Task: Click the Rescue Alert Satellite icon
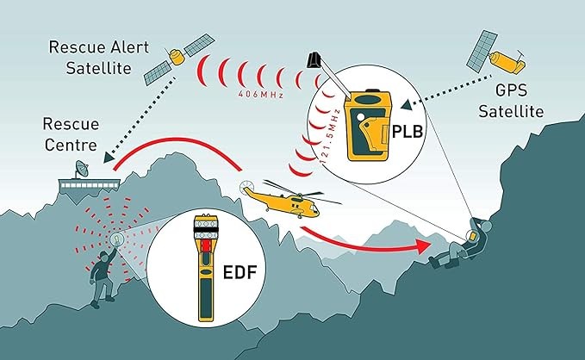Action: (x=178, y=59)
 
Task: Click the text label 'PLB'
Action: (x=408, y=132)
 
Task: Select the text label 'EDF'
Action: (x=240, y=272)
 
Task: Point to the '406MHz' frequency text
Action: (x=261, y=95)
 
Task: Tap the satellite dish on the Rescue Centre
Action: (x=82, y=170)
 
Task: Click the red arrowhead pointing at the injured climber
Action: (x=424, y=246)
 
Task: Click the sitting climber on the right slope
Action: (x=461, y=243)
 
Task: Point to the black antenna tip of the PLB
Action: (x=315, y=60)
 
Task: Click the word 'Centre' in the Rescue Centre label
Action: (x=71, y=145)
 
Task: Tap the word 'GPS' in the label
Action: (x=512, y=90)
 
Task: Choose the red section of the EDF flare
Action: (x=206, y=245)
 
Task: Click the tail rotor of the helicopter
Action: (x=246, y=185)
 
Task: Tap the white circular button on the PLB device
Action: (x=360, y=117)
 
